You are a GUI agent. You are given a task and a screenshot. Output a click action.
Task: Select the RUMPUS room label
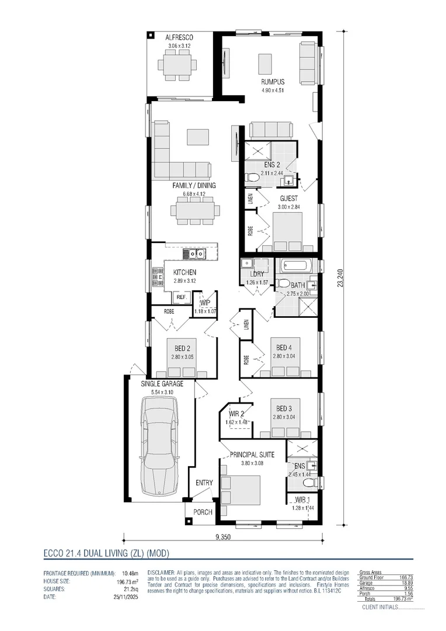click(x=271, y=82)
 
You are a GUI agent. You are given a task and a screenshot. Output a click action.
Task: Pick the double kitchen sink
click(x=193, y=254)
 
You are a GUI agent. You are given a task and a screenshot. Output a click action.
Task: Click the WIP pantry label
click(x=205, y=303)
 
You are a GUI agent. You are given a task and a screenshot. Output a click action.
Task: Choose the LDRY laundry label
click(x=256, y=274)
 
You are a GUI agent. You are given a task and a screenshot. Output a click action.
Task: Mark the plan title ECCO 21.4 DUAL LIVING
click(x=106, y=552)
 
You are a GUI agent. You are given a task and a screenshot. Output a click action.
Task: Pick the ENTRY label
click(x=204, y=483)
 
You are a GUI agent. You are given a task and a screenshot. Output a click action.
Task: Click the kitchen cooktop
click(x=156, y=276)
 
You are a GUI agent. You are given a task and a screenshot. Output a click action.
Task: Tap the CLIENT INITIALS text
click(x=379, y=608)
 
